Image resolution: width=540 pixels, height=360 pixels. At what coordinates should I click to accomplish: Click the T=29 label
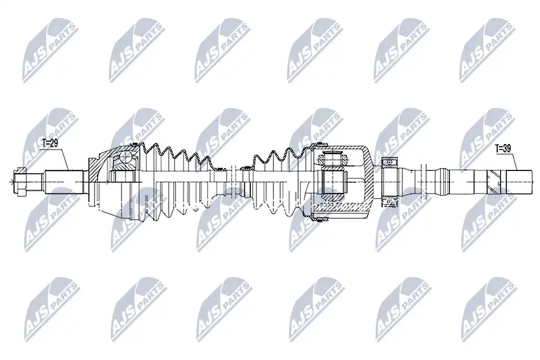(x=49, y=143)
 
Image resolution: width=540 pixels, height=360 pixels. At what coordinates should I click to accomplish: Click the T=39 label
(x=503, y=148)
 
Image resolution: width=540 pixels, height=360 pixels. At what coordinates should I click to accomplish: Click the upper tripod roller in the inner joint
(x=332, y=160)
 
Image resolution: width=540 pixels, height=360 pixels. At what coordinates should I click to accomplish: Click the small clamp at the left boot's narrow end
(x=218, y=168)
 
